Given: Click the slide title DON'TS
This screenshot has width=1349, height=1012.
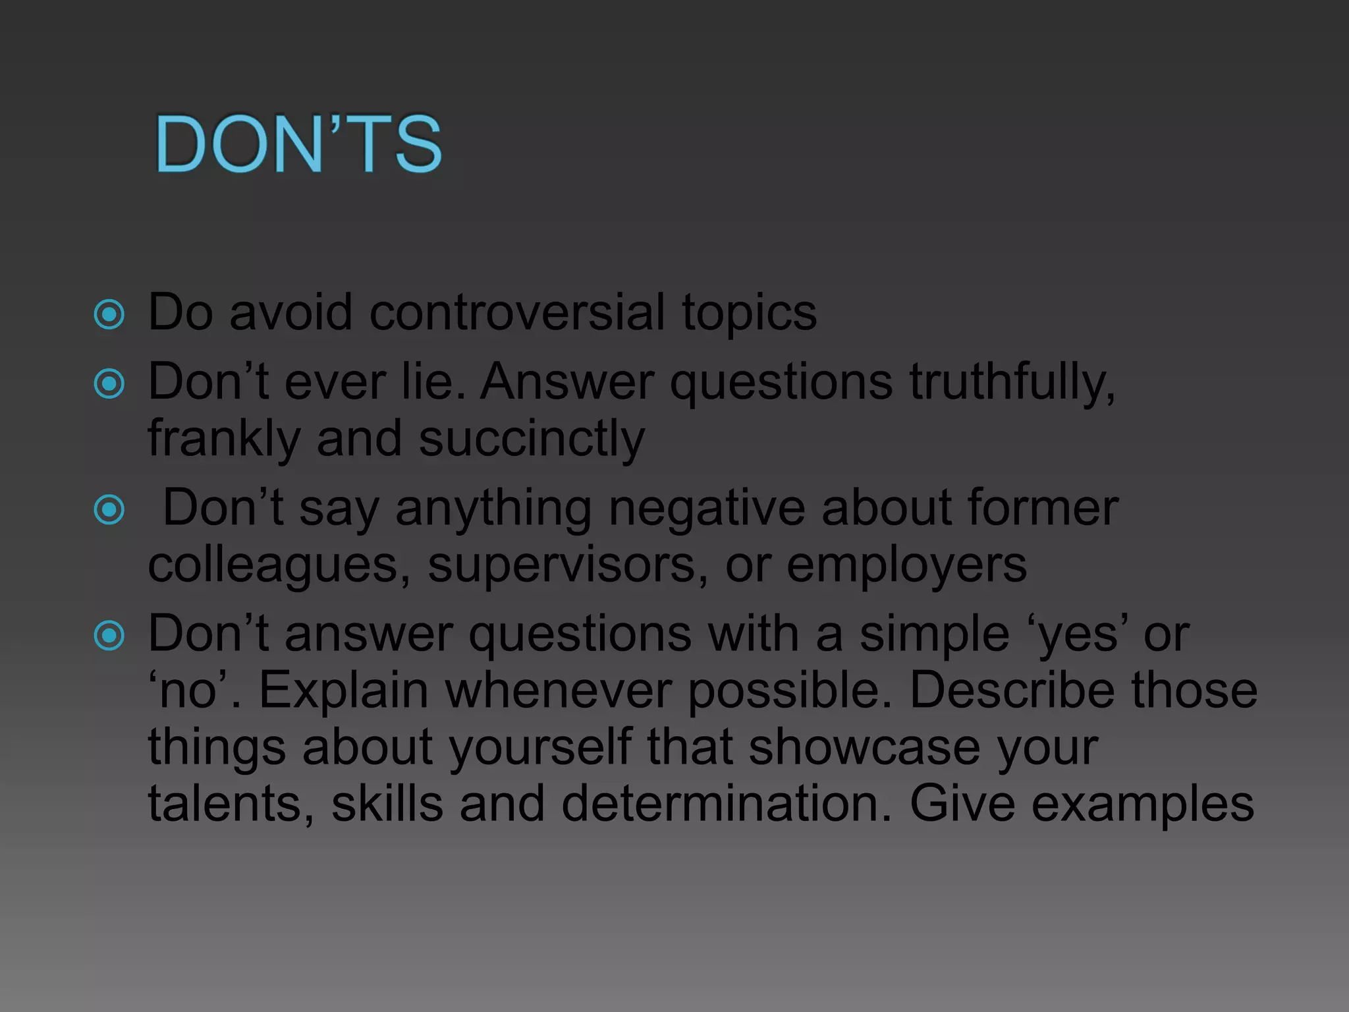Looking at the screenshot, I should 298,144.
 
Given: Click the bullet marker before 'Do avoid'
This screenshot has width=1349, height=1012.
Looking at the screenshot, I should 109,314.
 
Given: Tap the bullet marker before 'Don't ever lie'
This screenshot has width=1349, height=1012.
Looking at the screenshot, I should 109,383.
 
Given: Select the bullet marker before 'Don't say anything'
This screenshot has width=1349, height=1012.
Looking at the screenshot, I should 109,509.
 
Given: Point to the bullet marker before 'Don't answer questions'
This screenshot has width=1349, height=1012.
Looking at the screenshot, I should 109,636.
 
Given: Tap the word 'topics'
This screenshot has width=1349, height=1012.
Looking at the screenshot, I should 749,313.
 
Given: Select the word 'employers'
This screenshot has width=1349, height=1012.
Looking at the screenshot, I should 906,566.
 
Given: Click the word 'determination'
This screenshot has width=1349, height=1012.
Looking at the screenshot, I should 726,803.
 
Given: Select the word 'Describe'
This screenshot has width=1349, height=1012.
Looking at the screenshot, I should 1012,690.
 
